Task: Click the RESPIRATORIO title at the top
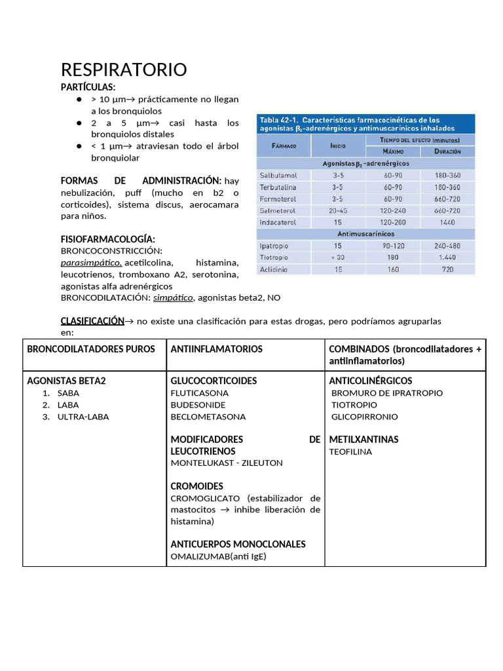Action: tap(124, 69)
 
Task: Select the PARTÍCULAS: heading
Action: tap(88, 87)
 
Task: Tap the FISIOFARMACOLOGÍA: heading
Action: tap(108, 239)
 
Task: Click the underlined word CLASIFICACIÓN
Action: tap(92, 321)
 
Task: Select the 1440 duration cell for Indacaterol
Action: tap(447, 223)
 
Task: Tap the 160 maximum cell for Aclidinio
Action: tap(393, 269)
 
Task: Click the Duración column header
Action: tap(447, 151)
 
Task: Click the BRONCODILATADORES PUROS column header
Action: tap(91, 349)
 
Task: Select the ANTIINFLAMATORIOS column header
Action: tap(216, 349)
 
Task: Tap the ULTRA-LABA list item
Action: tap(83, 417)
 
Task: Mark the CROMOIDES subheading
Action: tap(196, 486)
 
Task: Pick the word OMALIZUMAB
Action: tap(200, 556)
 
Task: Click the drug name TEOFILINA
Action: tap(350, 451)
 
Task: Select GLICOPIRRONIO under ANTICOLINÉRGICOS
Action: tap(365, 417)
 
